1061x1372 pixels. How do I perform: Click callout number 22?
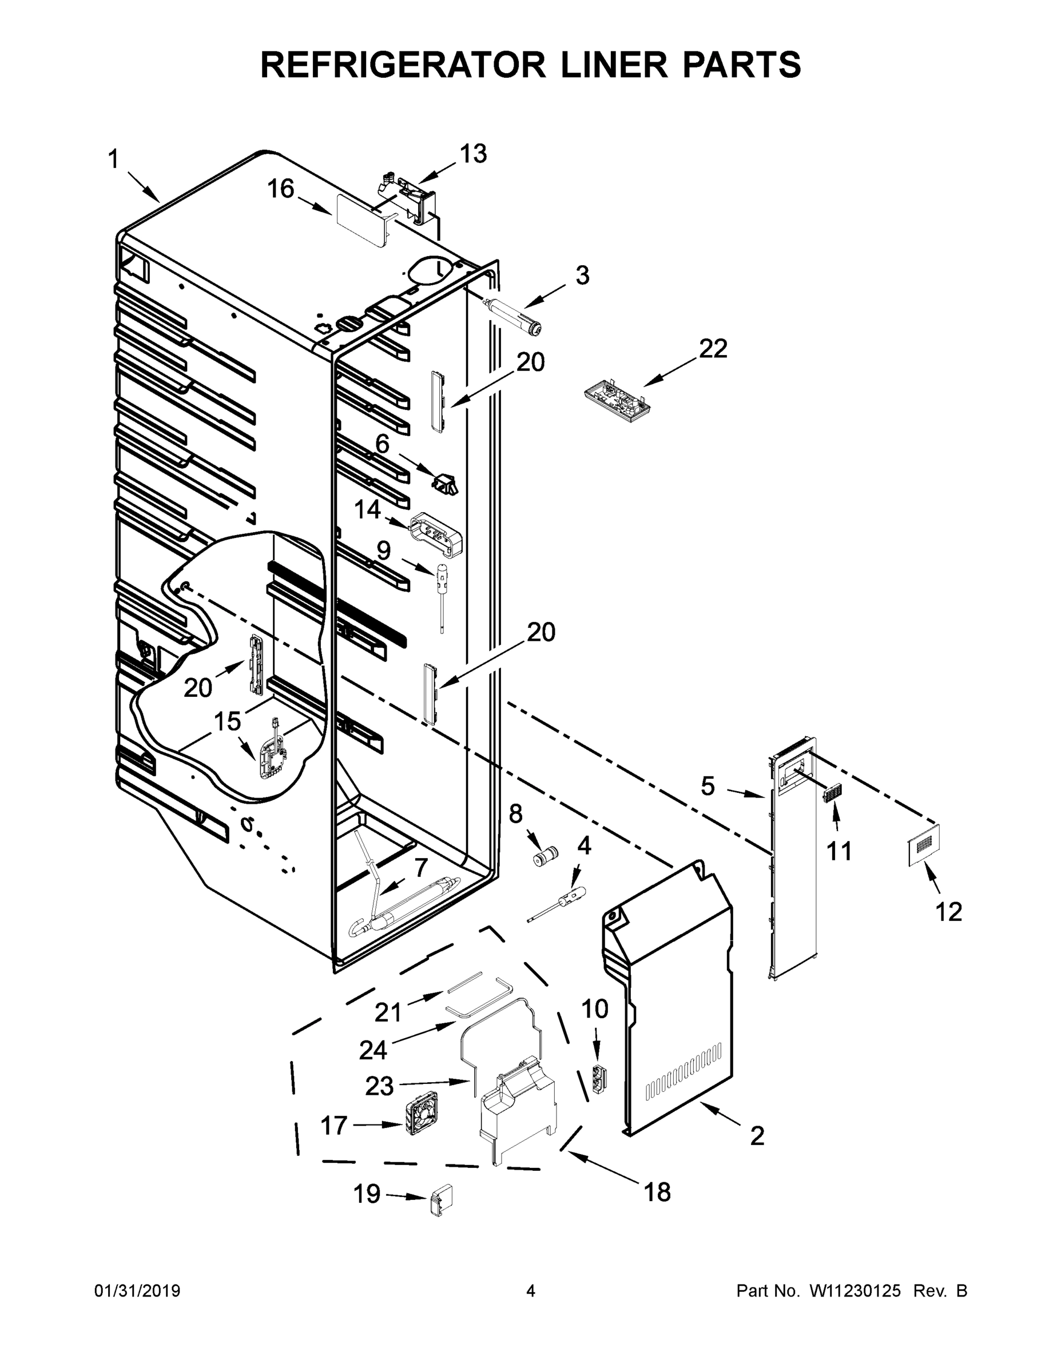(x=713, y=349)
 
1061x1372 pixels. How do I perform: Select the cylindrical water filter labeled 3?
(x=517, y=318)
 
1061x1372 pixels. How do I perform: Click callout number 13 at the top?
(x=472, y=153)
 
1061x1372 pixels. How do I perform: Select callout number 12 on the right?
(x=948, y=912)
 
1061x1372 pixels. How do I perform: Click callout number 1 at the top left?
(x=113, y=160)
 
